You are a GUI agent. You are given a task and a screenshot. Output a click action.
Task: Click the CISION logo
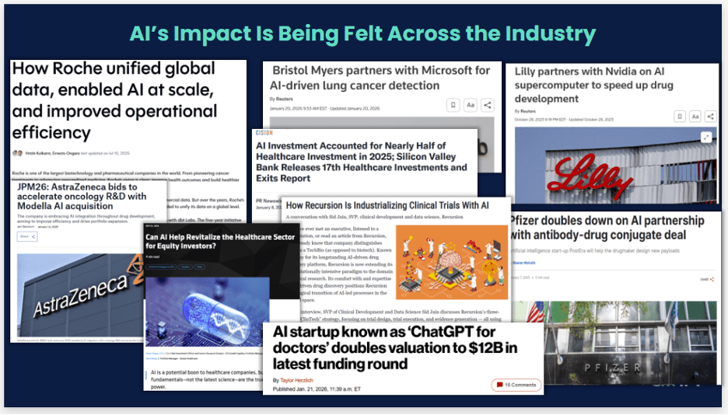click(x=264, y=133)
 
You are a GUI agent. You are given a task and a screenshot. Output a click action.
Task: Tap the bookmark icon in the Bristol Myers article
click(x=453, y=105)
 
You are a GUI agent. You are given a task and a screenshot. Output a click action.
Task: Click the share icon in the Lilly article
click(x=712, y=116)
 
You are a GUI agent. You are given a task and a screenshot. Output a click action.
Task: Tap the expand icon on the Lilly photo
click(x=705, y=137)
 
